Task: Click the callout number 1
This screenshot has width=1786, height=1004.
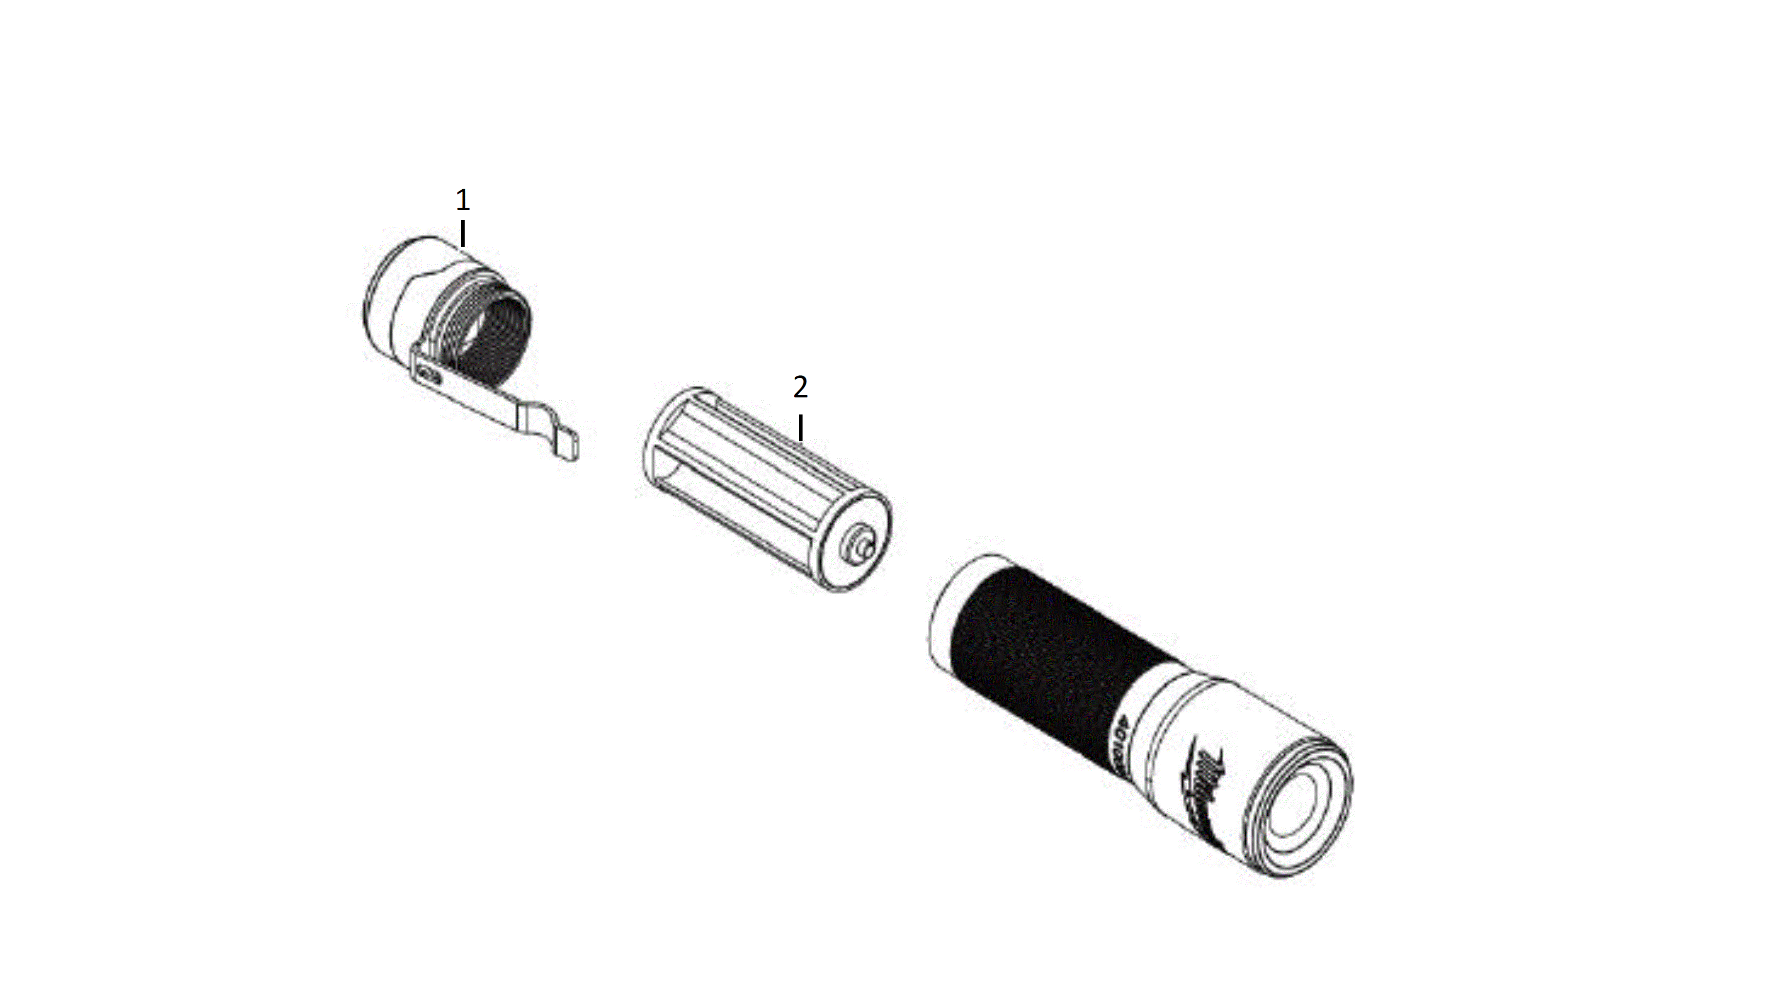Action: [462, 201]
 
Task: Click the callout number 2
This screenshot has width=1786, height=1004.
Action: [800, 388]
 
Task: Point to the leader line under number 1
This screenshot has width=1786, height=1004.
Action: [462, 233]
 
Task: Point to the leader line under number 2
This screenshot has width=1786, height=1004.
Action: [801, 428]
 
